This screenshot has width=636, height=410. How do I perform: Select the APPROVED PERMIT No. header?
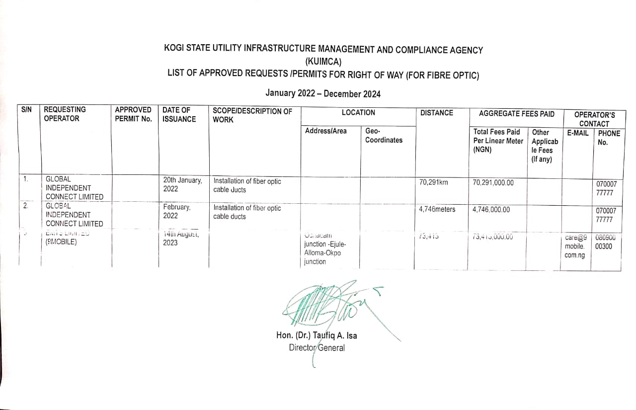click(x=133, y=114)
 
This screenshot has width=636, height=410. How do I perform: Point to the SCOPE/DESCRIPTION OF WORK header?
click(x=252, y=115)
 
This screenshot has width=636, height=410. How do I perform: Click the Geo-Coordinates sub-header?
click(x=384, y=136)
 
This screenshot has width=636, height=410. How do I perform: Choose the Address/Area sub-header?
click(x=326, y=131)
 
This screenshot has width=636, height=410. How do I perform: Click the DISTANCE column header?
click(x=437, y=113)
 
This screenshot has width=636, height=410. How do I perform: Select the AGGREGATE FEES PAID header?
click(x=517, y=114)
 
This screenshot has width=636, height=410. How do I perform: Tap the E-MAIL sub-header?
click(x=578, y=133)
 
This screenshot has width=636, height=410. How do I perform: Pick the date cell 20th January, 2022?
click(x=182, y=185)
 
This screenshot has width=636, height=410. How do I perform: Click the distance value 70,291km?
click(x=434, y=182)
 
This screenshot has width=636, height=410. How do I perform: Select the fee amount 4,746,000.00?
click(x=491, y=210)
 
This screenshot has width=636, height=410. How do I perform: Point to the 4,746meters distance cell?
click(x=437, y=209)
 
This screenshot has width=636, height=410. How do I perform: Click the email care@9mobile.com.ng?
click(x=575, y=246)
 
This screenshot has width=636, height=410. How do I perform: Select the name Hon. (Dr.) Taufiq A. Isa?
click(x=317, y=335)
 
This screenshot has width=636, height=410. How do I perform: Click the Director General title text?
click(x=317, y=348)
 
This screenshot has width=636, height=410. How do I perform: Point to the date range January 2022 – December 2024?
click(x=323, y=93)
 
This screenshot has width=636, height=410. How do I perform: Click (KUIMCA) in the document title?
click(x=323, y=62)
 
